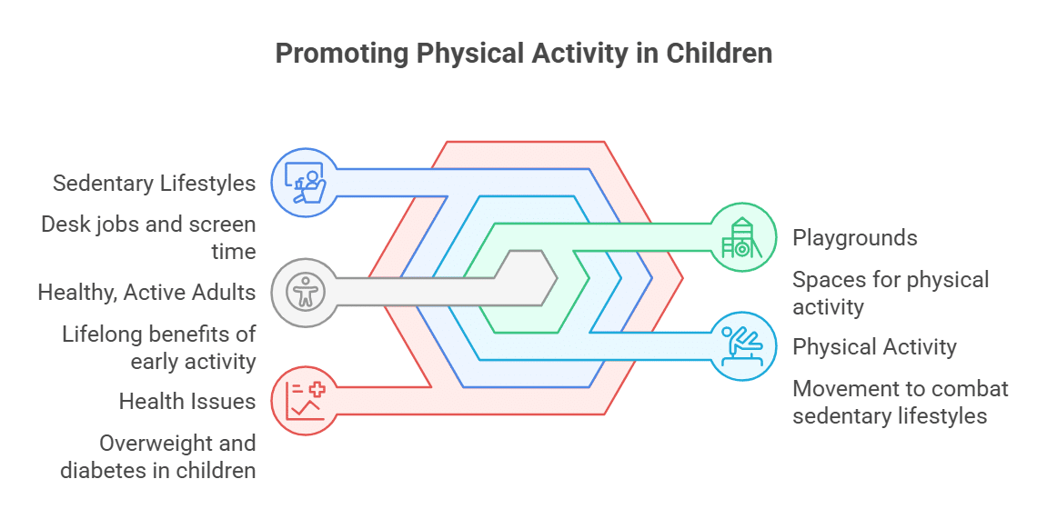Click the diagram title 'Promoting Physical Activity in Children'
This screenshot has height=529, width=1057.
pyautogui.click(x=524, y=54)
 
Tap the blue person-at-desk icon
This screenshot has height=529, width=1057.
pyautogui.click(x=306, y=183)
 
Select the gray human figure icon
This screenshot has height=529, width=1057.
pyautogui.click(x=306, y=293)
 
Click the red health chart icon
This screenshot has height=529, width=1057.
pyautogui.click(x=306, y=401)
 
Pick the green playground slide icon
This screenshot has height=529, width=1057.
pyautogui.click(x=741, y=237)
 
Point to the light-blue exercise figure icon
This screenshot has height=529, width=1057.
pyautogui.click(x=741, y=346)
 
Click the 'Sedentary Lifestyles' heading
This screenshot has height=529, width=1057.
pyautogui.click(x=155, y=184)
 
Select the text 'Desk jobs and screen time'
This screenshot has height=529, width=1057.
pyautogui.click(x=148, y=238)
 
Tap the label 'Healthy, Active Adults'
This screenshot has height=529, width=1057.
pyautogui.click(x=147, y=293)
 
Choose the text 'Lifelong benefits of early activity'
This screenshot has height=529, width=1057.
pyautogui.click(x=159, y=348)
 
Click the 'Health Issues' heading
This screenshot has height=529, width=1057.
pyautogui.click(x=187, y=402)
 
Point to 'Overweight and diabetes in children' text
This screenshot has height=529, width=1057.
pyautogui.click(x=158, y=457)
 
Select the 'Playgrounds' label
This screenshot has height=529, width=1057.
pyautogui.click(x=855, y=238)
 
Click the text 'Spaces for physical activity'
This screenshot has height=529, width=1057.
pyautogui.click(x=891, y=294)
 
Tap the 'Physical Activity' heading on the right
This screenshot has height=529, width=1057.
pyautogui.click(x=874, y=347)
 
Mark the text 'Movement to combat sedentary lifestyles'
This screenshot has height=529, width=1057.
pyautogui.click(x=901, y=403)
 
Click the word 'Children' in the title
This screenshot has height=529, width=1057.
pyautogui.click(x=720, y=54)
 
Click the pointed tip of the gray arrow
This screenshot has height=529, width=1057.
pyautogui.click(x=558, y=278)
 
